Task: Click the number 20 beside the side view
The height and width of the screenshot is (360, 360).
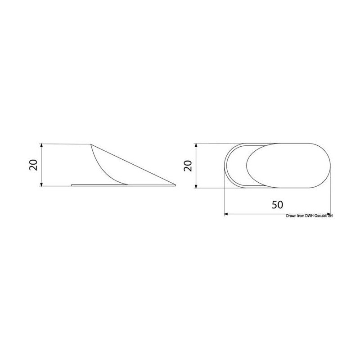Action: point(34,165)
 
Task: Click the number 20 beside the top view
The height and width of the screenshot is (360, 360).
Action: point(189,166)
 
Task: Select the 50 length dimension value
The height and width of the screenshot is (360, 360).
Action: point(277,205)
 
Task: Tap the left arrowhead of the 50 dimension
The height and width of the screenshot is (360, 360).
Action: point(226,214)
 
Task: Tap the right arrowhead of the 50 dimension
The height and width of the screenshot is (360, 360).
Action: point(329,214)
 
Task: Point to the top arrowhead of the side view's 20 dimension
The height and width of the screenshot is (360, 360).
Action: point(41,145)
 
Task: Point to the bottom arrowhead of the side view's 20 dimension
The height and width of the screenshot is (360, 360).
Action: point(41,184)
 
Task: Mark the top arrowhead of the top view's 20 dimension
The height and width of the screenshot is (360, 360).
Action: point(196,145)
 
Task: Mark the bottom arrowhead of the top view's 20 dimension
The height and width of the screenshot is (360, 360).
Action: point(196,186)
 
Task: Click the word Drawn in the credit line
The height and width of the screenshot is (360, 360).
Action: point(291,216)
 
